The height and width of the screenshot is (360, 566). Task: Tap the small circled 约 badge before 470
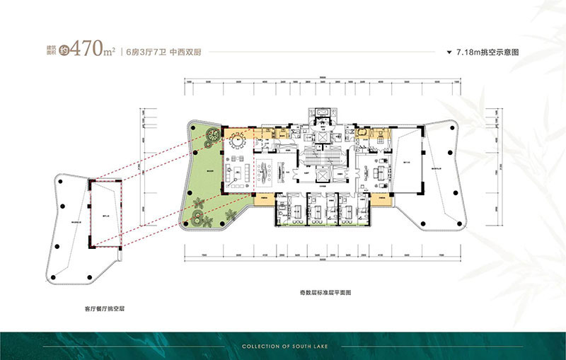point(64,51)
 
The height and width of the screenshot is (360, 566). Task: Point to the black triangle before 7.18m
point(450,53)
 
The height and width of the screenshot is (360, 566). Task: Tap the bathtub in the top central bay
point(323,112)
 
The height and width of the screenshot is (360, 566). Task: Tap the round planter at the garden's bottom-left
point(197,208)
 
